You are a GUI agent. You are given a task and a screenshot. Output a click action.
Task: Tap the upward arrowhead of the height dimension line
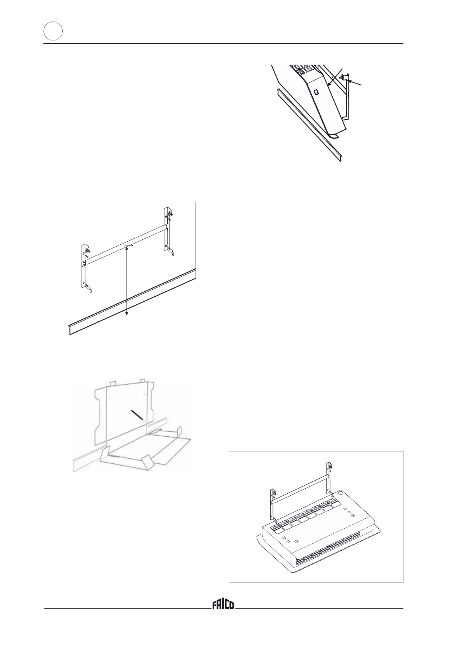[x=127, y=249]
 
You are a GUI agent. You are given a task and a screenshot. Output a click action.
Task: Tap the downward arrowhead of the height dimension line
[x=127, y=314]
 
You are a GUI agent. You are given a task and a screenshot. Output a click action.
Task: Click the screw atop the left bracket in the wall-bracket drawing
[x=89, y=251]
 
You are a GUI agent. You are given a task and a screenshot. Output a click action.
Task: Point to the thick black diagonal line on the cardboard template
[x=137, y=414]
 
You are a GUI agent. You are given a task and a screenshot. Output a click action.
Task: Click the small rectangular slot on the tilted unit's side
[x=316, y=93]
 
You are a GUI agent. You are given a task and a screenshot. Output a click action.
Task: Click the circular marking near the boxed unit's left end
[x=296, y=542]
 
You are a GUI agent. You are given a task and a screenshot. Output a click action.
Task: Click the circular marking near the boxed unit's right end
[x=352, y=516]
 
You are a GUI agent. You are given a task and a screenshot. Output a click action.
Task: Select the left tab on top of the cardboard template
[x=112, y=384]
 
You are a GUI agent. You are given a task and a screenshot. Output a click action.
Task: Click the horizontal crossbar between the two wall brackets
[x=127, y=244]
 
